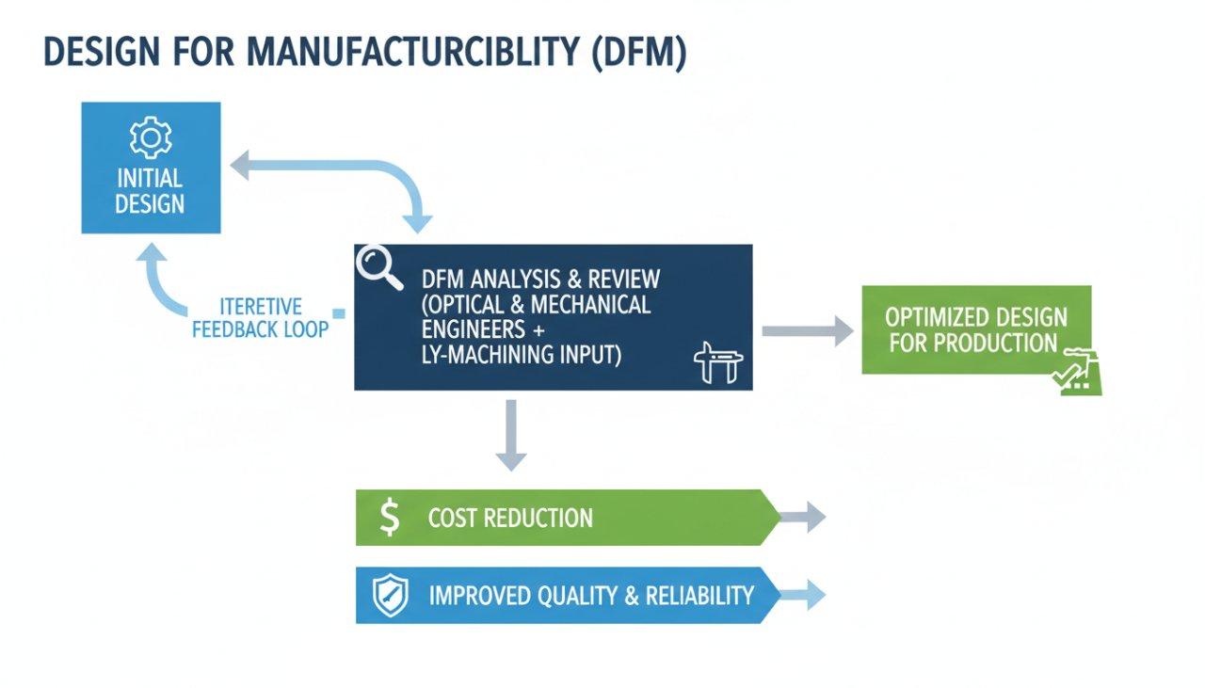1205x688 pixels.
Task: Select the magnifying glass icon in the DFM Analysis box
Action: tap(378, 270)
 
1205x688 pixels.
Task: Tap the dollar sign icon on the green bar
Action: tap(389, 518)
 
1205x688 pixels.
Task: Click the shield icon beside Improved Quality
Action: tap(390, 596)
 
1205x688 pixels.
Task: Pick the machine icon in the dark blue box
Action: tap(718, 362)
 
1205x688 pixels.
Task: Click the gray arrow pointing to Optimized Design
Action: tap(806, 330)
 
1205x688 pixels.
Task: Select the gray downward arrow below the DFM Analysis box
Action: tap(510, 435)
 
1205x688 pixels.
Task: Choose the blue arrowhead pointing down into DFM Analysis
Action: tap(416, 222)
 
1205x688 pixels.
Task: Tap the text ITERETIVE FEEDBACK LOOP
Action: tap(260, 318)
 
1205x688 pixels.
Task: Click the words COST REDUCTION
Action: tap(510, 518)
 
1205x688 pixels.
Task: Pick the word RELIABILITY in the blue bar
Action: tap(699, 596)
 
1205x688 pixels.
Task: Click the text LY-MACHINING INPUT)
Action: tap(522, 355)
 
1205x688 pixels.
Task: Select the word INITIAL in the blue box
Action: tap(150, 178)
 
